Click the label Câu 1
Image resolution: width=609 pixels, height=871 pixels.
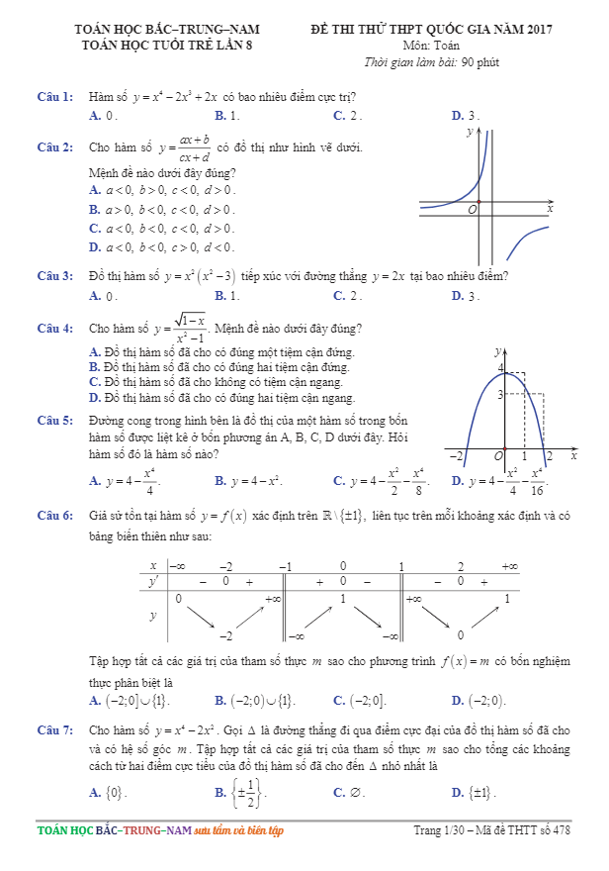pyautogui.click(x=54, y=97)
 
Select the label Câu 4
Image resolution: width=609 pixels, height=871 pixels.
pyautogui.click(x=54, y=328)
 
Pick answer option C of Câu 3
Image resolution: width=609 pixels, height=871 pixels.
pyautogui.click(x=347, y=295)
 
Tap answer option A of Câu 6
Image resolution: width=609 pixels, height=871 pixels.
pyautogui.click(x=129, y=701)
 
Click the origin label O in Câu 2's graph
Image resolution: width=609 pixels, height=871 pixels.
pyautogui.click(x=472, y=210)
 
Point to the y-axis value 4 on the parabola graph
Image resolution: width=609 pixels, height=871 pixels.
pyautogui.click(x=500, y=369)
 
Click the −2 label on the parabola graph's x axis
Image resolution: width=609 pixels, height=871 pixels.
pyautogui.click(x=457, y=456)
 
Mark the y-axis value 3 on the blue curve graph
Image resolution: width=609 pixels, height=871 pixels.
pyautogui.click(x=500, y=394)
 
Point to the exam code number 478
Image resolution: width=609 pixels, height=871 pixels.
pyautogui.click(x=561, y=830)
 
